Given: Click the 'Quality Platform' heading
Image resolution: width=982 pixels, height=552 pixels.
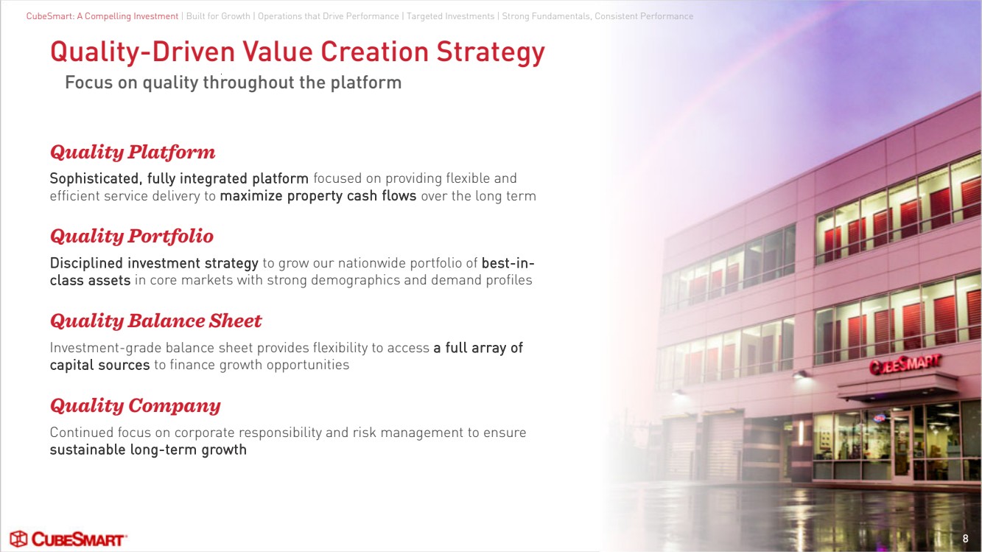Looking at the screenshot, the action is pos(133,153).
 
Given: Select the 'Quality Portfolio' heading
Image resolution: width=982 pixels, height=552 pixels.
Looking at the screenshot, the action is pos(132,237).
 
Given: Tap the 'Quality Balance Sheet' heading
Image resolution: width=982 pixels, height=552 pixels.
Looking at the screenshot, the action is pos(155,321).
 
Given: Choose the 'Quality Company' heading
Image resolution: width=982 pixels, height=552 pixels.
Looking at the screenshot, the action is pos(135,405).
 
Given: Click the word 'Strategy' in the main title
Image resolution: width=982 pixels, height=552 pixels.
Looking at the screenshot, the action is pos(491,52).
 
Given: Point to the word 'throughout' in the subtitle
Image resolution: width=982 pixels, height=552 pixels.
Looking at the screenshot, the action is pos(248,83).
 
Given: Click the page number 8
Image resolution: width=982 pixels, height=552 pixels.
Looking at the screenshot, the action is pos(965,539).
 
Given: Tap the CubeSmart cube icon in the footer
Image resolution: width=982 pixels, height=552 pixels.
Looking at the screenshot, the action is pos(19,539).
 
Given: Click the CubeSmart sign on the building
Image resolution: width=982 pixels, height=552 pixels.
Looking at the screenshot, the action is pos(905,364).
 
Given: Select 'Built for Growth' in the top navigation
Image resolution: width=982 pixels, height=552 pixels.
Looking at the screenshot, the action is pos(218,16).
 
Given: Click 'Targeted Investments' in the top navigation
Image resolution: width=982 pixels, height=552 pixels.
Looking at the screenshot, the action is pos(450,16).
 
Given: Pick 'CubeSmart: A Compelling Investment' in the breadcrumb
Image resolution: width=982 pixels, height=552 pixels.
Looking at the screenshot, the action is pos(102,16).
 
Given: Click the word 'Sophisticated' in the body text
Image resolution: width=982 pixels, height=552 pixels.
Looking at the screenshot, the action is pos(94,178).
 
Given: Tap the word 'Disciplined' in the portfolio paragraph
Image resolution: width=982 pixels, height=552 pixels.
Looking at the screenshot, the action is pos(86,263).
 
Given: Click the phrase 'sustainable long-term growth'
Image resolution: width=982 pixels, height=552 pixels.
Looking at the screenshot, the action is pos(148,450).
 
